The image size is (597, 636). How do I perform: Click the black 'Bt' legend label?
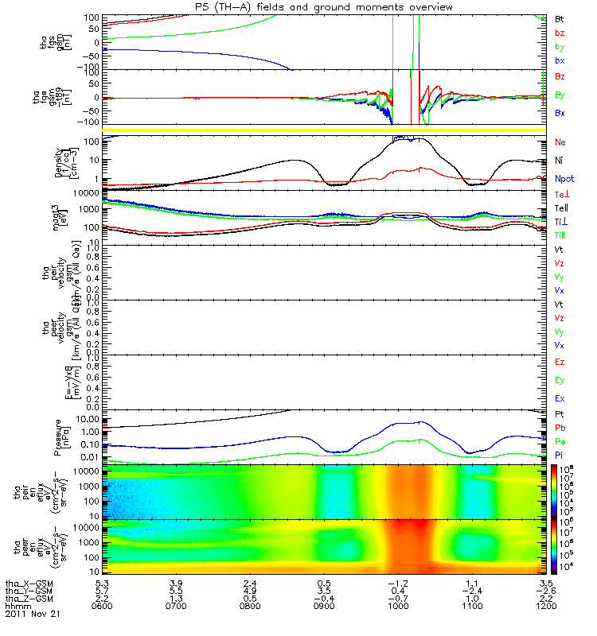(559, 17)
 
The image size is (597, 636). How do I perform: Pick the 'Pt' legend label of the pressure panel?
(559, 414)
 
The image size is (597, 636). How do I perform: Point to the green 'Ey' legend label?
(560, 380)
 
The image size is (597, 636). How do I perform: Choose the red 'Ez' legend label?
(560, 362)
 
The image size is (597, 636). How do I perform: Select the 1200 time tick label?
(546, 607)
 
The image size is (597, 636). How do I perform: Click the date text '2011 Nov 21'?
(32, 615)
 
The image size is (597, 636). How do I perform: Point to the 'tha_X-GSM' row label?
(29, 584)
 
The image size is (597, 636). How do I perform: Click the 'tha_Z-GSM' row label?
(29, 599)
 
